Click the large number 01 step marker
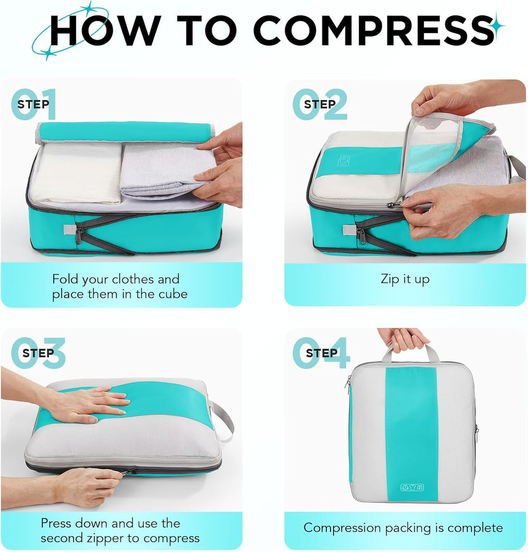point(34,104)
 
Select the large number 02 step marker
point(320,104)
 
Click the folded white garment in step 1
point(77,173)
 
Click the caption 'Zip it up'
point(405,279)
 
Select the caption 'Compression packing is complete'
point(403,528)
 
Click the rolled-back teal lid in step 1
point(126,131)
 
